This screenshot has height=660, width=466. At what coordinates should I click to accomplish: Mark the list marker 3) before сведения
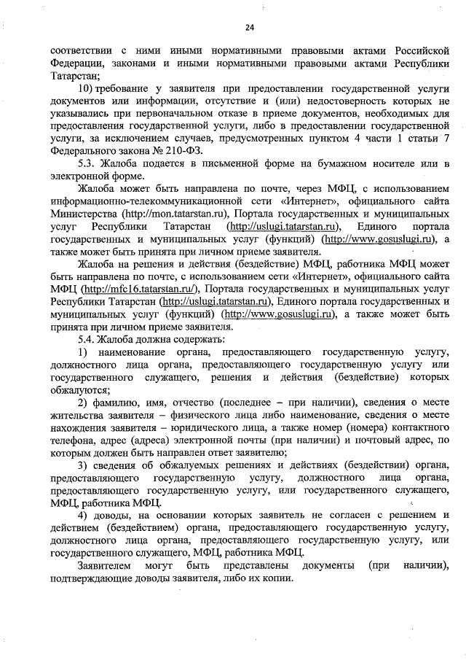click(84, 465)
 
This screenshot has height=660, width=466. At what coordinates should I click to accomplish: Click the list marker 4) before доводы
click(84, 516)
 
